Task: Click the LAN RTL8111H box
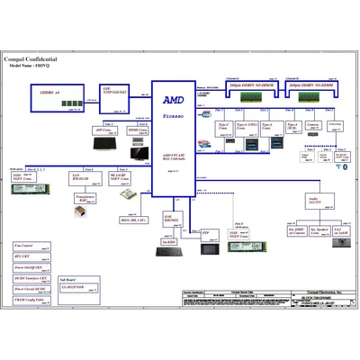click(87, 177)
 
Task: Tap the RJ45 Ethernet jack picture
click(82, 211)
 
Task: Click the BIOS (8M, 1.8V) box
click(133, 219)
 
